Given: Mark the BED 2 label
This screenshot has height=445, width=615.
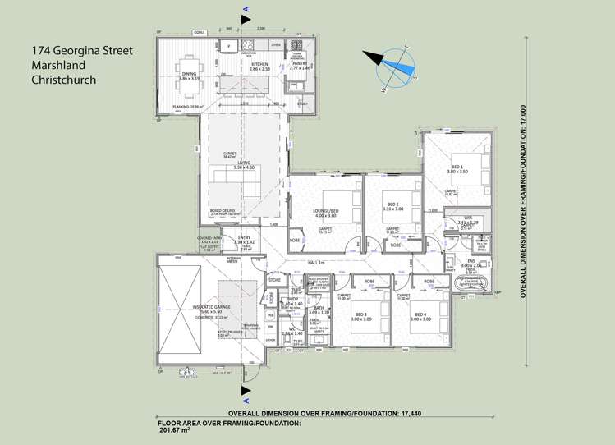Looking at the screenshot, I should pos(392,204).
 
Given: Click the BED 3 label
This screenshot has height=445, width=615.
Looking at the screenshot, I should pos(362,314).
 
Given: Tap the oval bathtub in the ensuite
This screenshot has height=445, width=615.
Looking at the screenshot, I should pos(474,285).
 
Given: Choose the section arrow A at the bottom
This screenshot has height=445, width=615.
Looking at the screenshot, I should pos(244,392).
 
